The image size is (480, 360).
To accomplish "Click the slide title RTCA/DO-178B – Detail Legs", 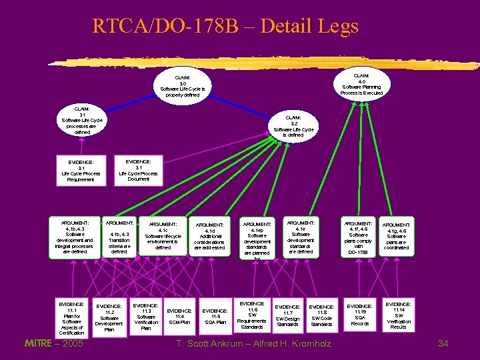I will (x=225, y=26).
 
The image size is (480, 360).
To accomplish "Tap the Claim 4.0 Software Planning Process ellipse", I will (x=361, y=81).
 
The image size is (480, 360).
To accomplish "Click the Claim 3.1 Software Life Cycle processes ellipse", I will (x=82, y=120).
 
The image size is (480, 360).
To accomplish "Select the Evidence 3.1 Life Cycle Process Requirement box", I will (x=81, y=171).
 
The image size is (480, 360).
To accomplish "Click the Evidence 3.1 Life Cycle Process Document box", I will (x=138, y=170).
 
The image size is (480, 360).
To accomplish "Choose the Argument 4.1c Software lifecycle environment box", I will (x=163, y=236).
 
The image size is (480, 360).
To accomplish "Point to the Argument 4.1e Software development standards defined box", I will (x=301, y=237).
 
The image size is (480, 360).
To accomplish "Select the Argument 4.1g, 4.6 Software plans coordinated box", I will (x=396, y=237).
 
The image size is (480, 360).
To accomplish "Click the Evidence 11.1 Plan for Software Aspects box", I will (x=71, y=318).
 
